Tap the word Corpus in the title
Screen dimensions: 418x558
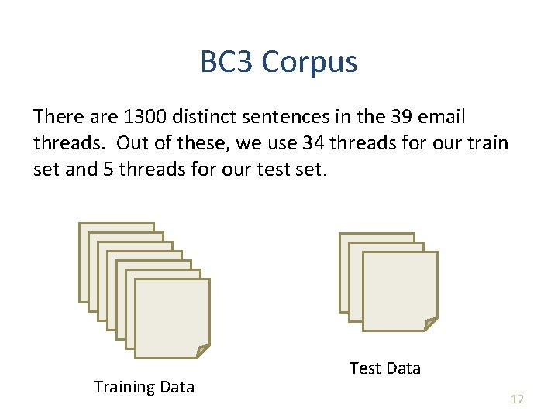click(x=309, y=62)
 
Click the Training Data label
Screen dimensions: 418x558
click(x=144, y=387)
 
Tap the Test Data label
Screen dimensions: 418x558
click(x=385, y=368)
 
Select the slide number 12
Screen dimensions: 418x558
click(x=517, y=399)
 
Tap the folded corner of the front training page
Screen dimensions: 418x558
click(x=202, y=351)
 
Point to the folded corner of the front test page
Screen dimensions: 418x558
click(x=430, y=323)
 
